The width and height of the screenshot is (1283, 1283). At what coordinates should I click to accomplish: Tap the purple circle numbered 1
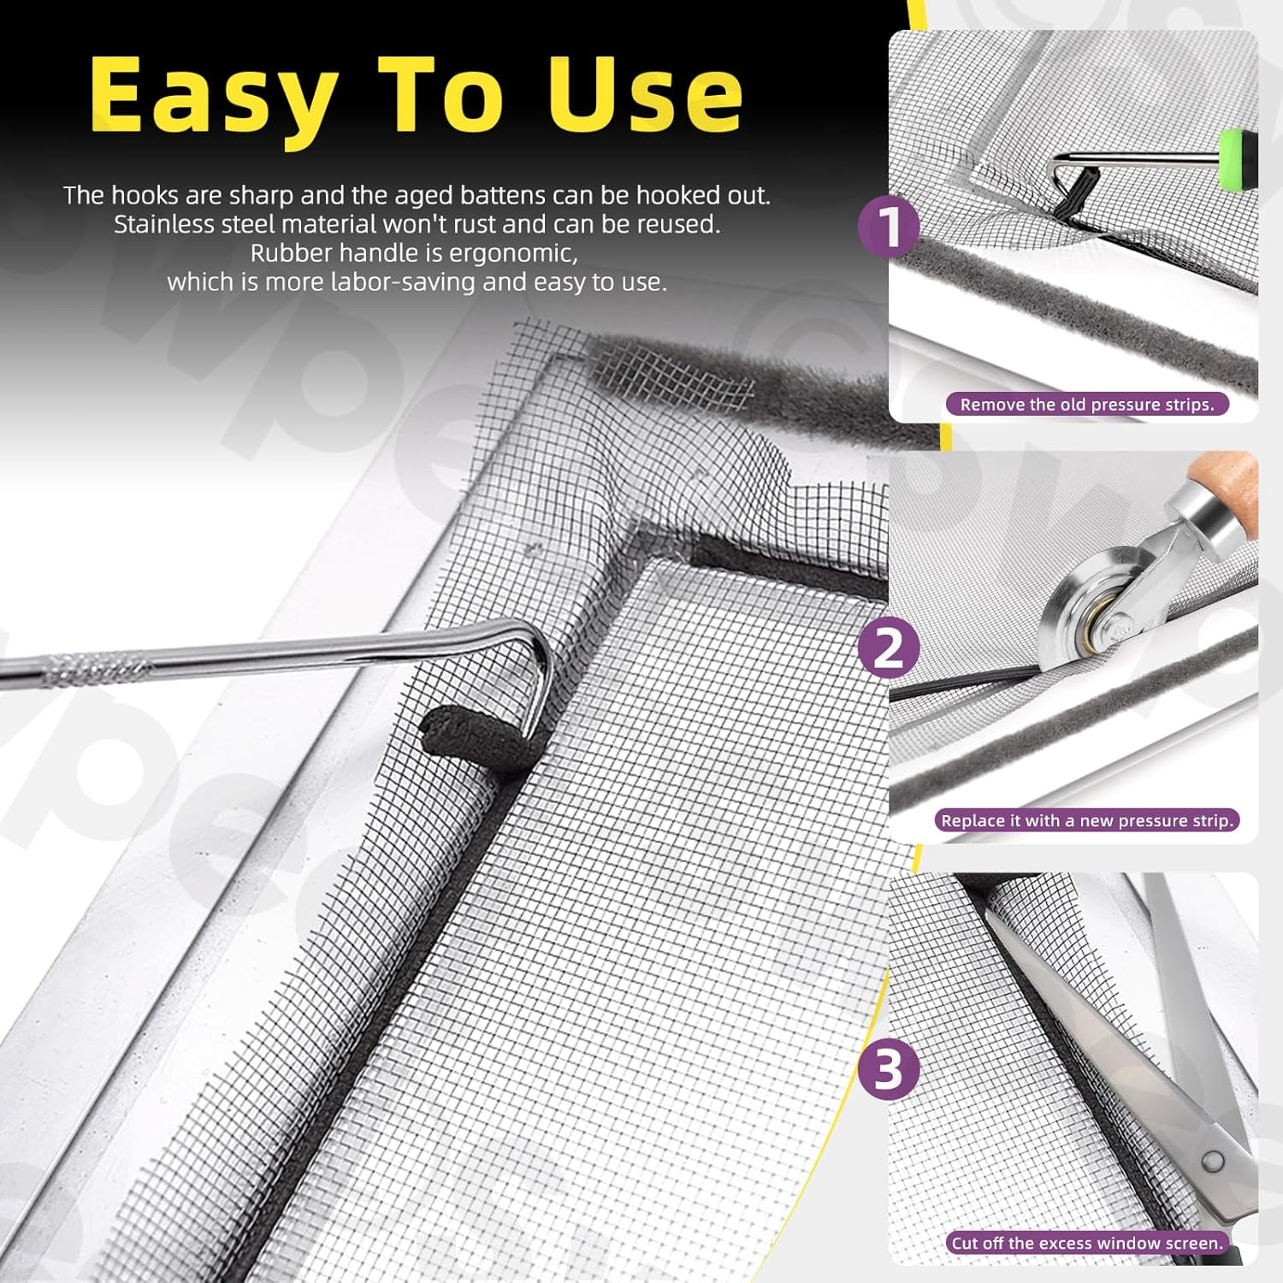890,227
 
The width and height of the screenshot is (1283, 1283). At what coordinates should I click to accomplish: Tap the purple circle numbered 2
890,647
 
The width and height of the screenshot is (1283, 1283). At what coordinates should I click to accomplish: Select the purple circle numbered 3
889,1069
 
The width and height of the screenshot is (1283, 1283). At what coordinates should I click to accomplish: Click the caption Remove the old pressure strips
1086,405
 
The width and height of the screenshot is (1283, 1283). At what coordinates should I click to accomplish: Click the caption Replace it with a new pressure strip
1086,821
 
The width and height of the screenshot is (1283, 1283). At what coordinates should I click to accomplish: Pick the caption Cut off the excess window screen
1087,1243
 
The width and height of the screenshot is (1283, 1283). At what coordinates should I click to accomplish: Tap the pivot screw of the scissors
1212,1161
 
